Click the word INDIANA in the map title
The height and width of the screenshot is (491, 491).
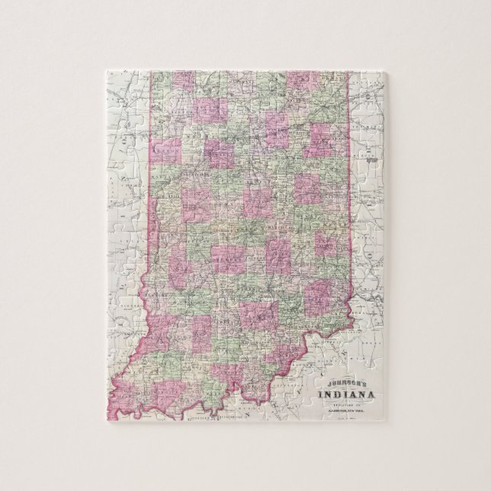(344, 393)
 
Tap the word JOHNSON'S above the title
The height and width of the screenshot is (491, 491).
(344, 383)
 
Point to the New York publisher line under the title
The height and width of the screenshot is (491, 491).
(344, 411)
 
